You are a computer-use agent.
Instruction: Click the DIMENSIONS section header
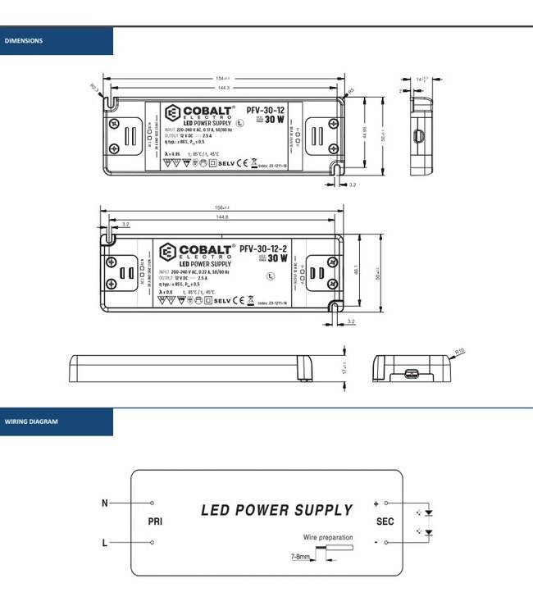click(x=25, y=40)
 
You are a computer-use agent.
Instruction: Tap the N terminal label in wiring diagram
click(x=104, y=503)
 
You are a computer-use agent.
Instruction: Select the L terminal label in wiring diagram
click(x=104, y=542)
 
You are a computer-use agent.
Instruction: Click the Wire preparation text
click(x=328, y=538)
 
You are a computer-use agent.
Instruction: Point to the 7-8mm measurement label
click(x=300, y=557)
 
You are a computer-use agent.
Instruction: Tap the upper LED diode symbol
click(x=428, y=512)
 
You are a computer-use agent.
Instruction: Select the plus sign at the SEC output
click(x=376, y=503)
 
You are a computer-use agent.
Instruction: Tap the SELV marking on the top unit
click(x=227, y=163)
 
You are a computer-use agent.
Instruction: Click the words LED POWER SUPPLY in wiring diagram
click(x=276, y=510)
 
